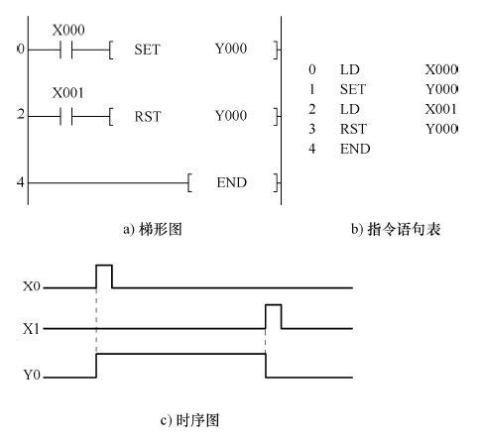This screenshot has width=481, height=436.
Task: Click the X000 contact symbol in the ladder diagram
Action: tap(66, 50)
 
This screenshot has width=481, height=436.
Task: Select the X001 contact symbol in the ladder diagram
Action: tap(66, 116)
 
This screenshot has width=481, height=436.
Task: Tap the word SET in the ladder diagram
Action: tap(147, 50)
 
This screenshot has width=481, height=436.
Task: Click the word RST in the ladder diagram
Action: tap(148, 116)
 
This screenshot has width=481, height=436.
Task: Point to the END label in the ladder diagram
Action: tap(232, 182)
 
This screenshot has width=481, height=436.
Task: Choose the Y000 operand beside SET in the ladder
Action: tap(231, 49)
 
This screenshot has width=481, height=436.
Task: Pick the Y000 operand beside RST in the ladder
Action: tap(231, 116)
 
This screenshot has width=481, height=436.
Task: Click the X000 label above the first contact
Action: tap(68, 30)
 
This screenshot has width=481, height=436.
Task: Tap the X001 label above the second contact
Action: tap(67, 93)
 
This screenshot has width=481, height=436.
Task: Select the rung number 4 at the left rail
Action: tap(21, 182)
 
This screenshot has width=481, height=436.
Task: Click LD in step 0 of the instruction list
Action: tap(350, 69)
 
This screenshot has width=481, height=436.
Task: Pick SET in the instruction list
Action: tap(353, 89)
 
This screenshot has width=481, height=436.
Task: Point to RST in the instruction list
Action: tap(353, 129)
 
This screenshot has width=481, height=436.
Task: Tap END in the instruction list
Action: tap(355, 149)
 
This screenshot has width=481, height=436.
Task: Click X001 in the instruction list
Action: tap(440, 109)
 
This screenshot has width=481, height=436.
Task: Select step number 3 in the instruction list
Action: tap(312, 129)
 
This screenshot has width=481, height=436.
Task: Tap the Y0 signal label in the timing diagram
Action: tap(32, 375)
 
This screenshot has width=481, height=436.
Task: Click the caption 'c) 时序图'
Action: tap(189, 420)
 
